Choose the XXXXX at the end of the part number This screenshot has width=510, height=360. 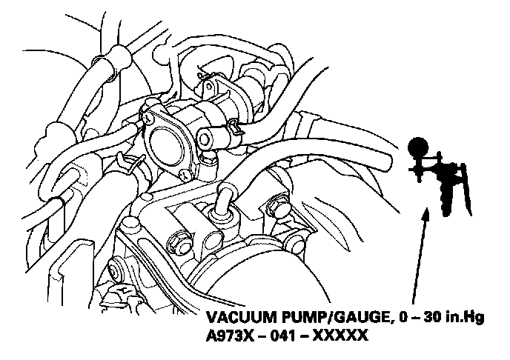tap(342, 336)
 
